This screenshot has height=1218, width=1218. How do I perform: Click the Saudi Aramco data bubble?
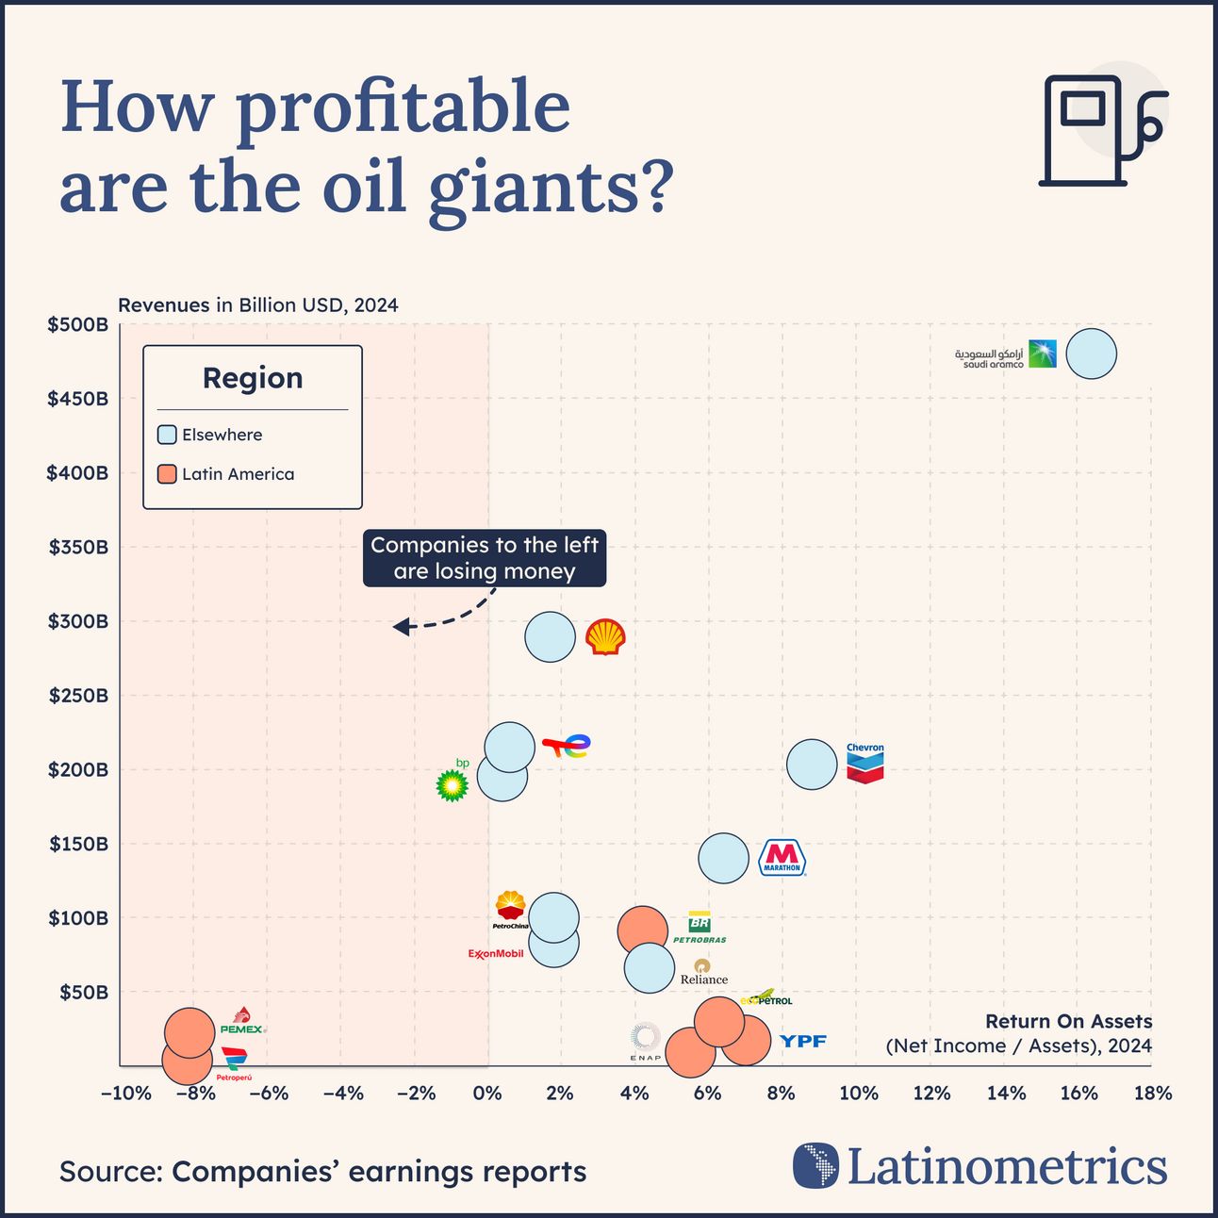point(1091,354)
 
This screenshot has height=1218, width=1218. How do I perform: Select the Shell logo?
point(604,637)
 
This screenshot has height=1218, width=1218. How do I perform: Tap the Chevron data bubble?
point(811,764)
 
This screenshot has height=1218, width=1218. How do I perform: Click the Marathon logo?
point(782,858)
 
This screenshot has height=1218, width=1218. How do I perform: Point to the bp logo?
point(453,782)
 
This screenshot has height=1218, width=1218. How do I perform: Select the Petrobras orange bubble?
point(641,930)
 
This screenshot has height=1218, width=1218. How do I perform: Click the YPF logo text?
point(803,1041)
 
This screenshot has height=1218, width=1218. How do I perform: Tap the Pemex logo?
point(242,1022)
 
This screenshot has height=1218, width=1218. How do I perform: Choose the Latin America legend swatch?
point(167,474)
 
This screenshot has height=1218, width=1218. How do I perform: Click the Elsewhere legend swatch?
point(167,435)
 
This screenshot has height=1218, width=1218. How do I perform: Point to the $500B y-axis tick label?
point(78,325)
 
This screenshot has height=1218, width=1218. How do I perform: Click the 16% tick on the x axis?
point(1078,1094)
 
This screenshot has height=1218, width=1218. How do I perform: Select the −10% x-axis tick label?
point(125,1094)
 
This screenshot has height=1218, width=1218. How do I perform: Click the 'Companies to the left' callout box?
point(484,558)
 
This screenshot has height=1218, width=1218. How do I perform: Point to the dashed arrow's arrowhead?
point(400,627)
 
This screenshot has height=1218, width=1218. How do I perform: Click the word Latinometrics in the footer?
point(1006,1167)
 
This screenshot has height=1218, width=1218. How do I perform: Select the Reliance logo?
point(703,972)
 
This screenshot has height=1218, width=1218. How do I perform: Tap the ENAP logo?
point(646,1042)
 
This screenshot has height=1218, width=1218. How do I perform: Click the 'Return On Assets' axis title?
point(1068,1021)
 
